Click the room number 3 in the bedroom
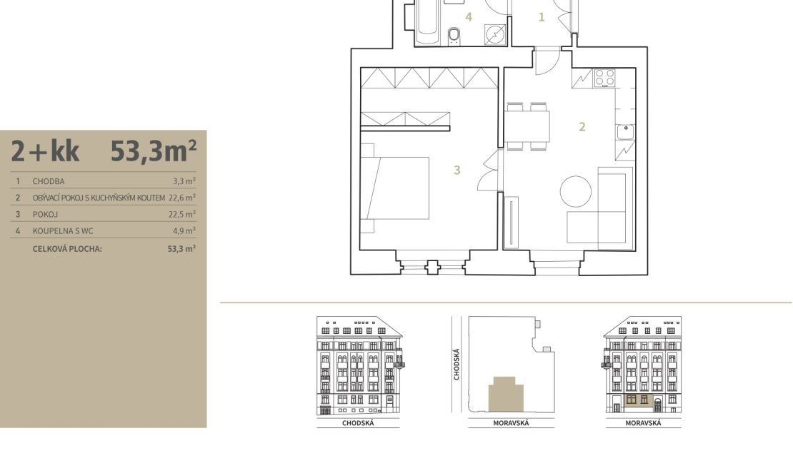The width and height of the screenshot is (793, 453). (x=457, y=170)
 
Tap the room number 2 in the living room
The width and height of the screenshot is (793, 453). (x=582, y=127)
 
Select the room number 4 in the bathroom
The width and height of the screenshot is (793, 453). (x=469, y=17)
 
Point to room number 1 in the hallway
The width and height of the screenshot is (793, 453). (x=542, y=17)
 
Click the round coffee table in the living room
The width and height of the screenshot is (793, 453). (x=576, y=191)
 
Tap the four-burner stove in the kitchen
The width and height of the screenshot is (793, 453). (x=605, y=78)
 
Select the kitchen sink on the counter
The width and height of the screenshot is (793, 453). (x=626, y=132)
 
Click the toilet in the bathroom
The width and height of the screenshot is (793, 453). (x=454, y=36)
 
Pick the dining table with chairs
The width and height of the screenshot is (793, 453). (x=527, y=126)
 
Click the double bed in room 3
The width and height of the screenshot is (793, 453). (x=395, y=188)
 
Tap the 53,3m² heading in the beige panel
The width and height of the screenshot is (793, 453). (x=153, y=151)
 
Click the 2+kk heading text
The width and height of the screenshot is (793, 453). (x=45, y=151)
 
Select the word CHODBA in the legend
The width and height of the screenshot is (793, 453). (x=49, y=181)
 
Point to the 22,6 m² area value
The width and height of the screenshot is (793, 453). (x=182, y=198)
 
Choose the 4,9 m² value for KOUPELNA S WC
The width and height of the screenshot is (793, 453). (x=184, y=231)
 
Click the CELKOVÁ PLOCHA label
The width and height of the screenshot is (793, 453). (x=67, y=249)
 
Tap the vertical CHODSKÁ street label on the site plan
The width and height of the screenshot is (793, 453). (x=457, y=364)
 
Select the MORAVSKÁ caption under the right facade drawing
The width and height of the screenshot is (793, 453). (x=643, y=423)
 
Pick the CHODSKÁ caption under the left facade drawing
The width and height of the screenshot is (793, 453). (x=358, y=423)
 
